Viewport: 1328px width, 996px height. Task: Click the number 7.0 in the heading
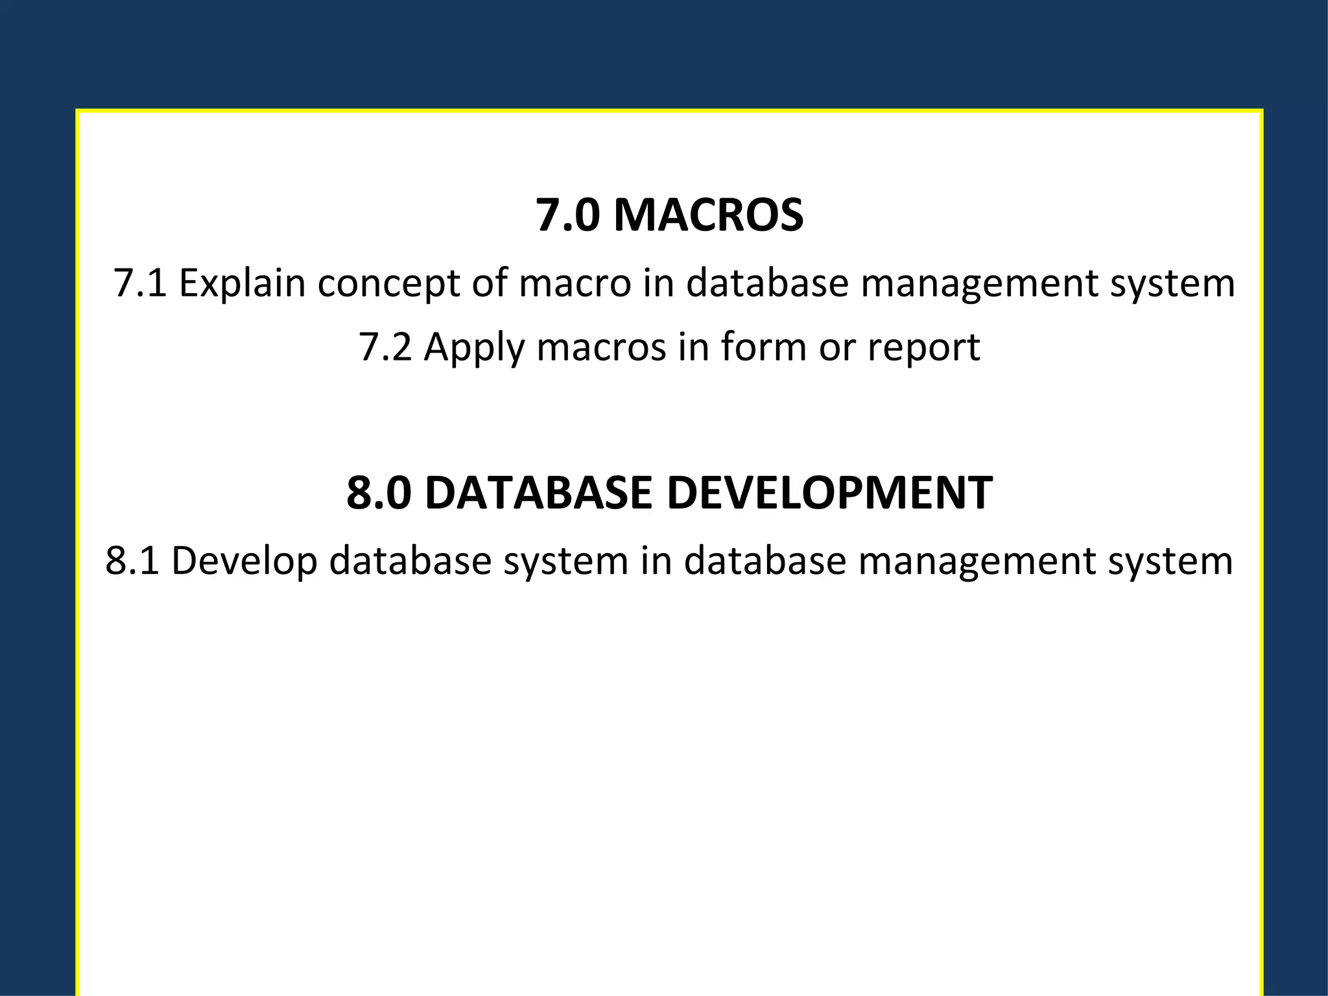(x=567, y=215)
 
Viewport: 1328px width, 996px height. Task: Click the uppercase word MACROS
(x=708, y=215)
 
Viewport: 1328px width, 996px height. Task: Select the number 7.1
(x=140, y=283)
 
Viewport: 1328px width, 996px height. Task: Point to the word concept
(x=388, y=283)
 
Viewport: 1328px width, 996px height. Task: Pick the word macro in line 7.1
(x=575, y=283)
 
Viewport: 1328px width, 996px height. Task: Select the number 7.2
(x=385, y=347)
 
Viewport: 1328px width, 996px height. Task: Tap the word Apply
(x=474, y=347)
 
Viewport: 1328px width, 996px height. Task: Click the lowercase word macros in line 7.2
(x=601, y=347)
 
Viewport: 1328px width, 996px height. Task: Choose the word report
(x=923, y=347)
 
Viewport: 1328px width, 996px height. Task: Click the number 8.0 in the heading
(x=379, y=493)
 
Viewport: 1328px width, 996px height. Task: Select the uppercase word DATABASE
(x=539, y=493)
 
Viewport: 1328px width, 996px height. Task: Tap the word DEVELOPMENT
(x=829, y=493)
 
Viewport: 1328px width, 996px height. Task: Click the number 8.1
(x=132, y=561)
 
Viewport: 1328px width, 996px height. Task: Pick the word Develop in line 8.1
(x=244, y=561)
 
